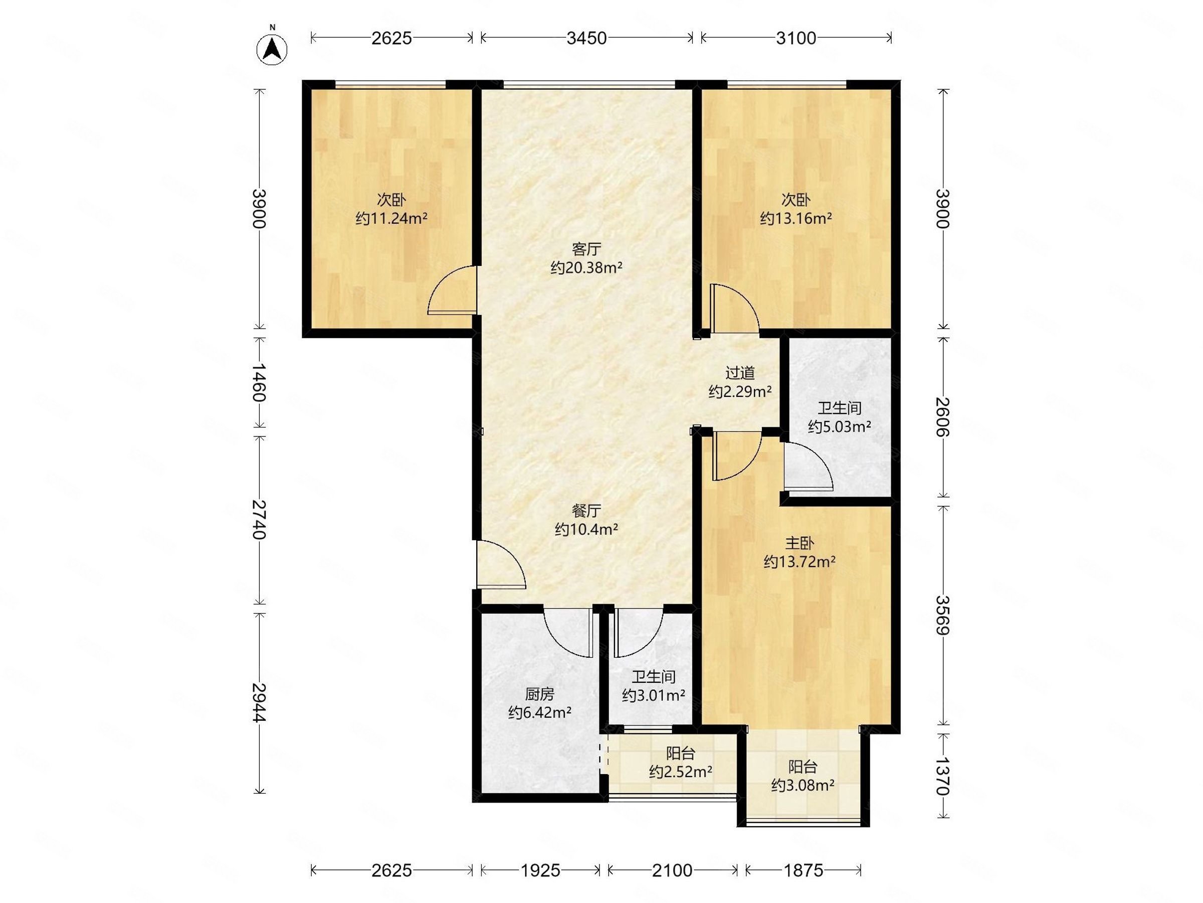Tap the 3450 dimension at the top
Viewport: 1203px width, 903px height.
click(586, 38)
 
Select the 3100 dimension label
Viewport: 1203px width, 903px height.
click(795, 38)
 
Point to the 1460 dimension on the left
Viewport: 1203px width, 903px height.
click(260, 382)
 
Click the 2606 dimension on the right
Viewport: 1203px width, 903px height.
click(942, 417)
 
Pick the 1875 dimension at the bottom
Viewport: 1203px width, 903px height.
click(804, 870)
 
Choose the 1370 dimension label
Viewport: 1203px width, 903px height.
click(942, 776)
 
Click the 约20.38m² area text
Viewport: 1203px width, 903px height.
click(586, 268)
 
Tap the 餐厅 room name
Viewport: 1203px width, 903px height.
click(586, 511)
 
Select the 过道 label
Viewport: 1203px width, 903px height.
click(740, 373)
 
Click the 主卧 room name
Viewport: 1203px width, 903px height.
click(799, 543)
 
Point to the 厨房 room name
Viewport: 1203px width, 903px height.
click(539, 694)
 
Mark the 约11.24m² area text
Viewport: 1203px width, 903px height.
click(391, 219)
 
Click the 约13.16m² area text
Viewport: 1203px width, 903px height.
click(795, 219)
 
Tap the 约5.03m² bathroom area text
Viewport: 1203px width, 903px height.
click(840, 427)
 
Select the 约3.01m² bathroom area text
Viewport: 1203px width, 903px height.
click(654, 696)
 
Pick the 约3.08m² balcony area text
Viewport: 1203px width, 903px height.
click(803, 786)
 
